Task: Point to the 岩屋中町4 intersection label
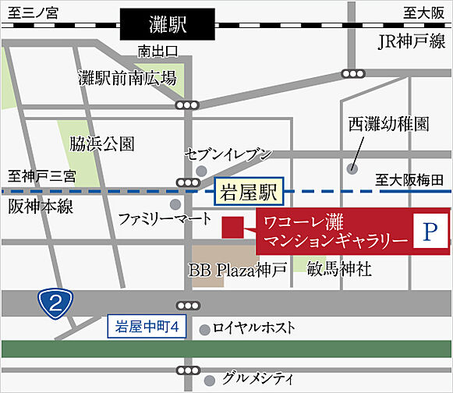pyautogui.click(x=147, y=327)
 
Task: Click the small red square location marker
pyautogui.click(x=232, y=227)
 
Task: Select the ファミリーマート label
pyautogui.click(x=165, y=219)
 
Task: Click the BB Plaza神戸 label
pyautogui.click(x=238, y=270)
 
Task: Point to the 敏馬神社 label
pyautogui.click(x=339, y=270)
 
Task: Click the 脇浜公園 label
pyautogui.click(x=101, y=144)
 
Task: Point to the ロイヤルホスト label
pyautogui.click(x=253, y=327)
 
